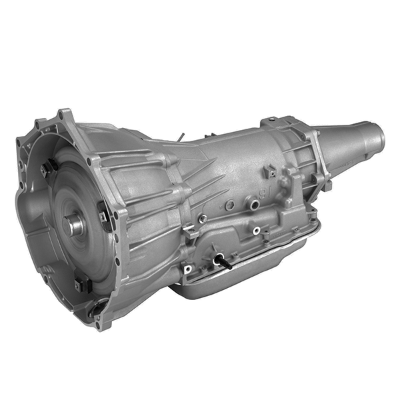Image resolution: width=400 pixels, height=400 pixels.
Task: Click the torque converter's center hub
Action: [x=74, y=225]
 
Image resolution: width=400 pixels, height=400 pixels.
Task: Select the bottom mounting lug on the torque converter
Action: [x=83, y=285]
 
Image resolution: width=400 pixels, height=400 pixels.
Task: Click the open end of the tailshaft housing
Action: [x=381, y=137]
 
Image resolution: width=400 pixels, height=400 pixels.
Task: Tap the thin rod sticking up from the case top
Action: [x=180, y=137]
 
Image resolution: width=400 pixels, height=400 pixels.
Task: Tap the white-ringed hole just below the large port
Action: [x=257, y=231]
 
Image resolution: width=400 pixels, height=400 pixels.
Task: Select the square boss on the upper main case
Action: [x=269, y=172]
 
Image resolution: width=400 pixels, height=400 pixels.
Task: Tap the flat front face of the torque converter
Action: [x=60, y=200]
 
